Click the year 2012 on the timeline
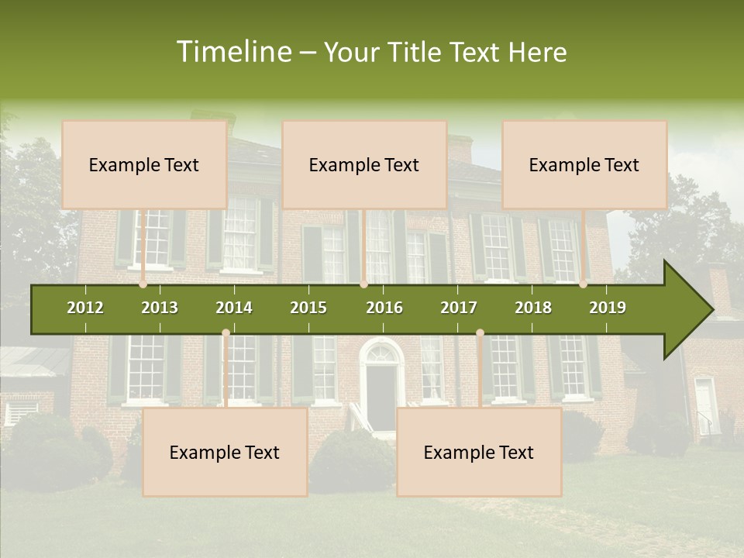coord(85,308)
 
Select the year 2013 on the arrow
coord(160,308)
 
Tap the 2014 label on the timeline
coord(234,308)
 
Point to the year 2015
coord(308,308)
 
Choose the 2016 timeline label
coord(384,308)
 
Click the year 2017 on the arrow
coord(459,308)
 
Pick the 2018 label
coord(533,308)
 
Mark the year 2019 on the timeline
coord(608,308)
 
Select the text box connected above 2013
coord(144,165)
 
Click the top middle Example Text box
coord(364,165)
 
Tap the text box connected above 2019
coord(584,165)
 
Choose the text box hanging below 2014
coord(225,453)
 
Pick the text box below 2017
coord(479,453)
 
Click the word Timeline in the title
coord(233,52)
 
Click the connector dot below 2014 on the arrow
coord(226,333)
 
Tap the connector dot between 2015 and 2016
coord(363,284)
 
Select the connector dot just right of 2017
coord(480,333)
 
